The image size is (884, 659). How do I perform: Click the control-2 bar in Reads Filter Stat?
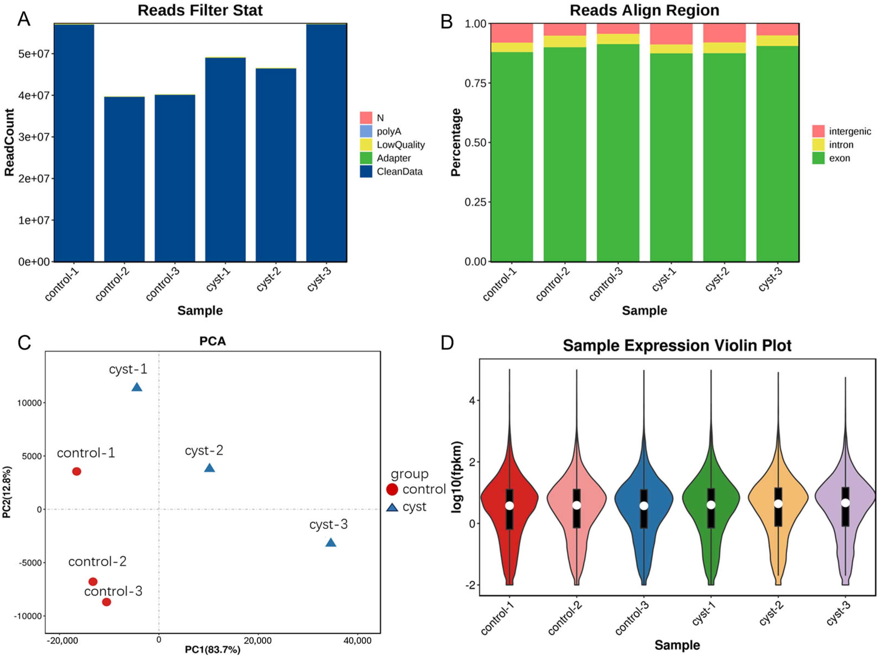[x=124, y=180]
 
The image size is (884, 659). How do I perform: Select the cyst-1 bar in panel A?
[x=225, y=160]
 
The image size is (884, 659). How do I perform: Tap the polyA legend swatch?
[x=366, y=131]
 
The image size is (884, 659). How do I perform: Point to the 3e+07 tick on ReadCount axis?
[x=34, y=137]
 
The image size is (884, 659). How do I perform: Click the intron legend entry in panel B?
[x=840, y=145]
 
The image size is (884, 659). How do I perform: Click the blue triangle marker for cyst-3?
[x=331, y=543]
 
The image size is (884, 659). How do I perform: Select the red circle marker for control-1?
[x=77, y=471]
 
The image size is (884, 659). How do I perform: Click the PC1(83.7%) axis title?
[x=213, y=650]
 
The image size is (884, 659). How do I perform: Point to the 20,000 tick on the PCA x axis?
[x=258, y=641]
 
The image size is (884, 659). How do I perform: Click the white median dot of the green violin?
[x=711, y=505]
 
